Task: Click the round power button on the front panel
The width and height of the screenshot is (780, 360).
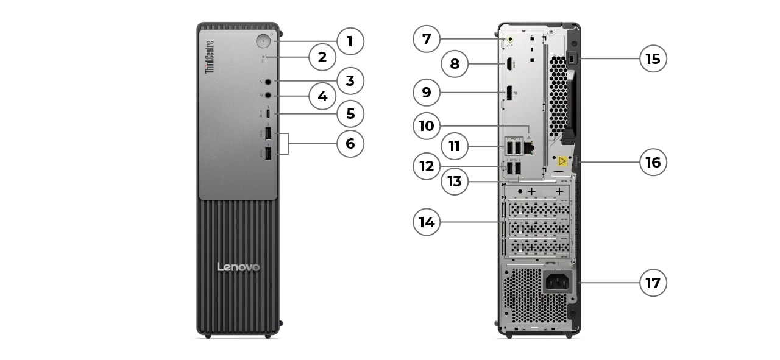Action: pos(263,41)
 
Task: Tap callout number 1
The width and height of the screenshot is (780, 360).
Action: pos(350,41)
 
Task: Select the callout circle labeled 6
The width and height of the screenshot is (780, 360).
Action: pos(350,144)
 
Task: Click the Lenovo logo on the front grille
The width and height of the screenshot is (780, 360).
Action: pos(238,267)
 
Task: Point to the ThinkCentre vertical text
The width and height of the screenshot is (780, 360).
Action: pos(209,57)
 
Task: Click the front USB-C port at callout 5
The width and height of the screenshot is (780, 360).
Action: pos(268,114)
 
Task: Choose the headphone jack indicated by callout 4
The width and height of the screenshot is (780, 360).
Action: pos(268,95)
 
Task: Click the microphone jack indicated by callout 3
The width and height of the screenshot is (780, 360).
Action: pos(268,81)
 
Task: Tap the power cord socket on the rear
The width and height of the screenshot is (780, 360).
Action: pos(557,281)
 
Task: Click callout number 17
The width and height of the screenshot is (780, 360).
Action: pos(653,283)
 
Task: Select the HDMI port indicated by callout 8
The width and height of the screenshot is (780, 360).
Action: pos(508,63)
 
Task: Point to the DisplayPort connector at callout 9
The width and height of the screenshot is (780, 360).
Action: pos(508,93)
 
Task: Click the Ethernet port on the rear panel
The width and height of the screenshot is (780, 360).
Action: pos(528,147)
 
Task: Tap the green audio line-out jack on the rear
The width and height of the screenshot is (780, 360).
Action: pos(510,41)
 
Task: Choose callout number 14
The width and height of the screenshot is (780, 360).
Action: pos(427,222)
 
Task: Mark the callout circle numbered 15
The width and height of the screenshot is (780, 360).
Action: pos(653,59)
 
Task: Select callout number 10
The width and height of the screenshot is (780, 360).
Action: pos(427,126)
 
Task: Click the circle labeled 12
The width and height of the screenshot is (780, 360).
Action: pos(427,166)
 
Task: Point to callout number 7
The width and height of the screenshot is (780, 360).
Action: pos(427,39)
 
